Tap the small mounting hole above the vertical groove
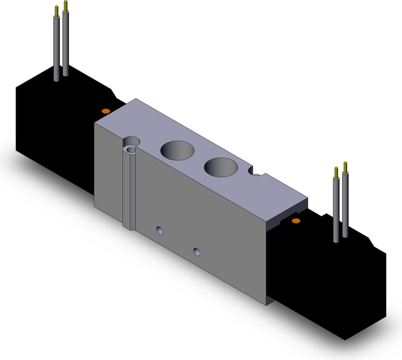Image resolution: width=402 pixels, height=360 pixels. point(132,149)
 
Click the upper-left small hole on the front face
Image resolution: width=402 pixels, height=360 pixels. point(160,230)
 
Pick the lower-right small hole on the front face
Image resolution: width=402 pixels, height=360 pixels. point(196,250)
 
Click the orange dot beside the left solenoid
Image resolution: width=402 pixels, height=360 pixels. point(106,110)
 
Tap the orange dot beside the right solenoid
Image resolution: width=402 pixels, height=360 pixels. point(296,221)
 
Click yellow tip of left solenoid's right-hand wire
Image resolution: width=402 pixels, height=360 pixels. point(65,6)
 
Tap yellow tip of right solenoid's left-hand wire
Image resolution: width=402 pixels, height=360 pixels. point(336,173)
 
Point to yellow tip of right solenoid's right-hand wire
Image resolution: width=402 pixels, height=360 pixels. point(345,167)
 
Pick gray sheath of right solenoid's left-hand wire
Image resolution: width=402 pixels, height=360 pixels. point(336,211)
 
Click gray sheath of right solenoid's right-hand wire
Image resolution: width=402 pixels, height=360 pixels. point(345,206)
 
